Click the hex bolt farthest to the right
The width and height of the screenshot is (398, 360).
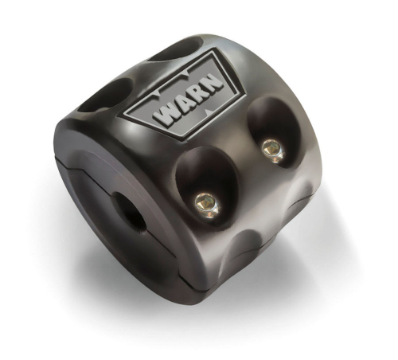271,147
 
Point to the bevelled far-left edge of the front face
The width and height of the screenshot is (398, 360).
60,151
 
